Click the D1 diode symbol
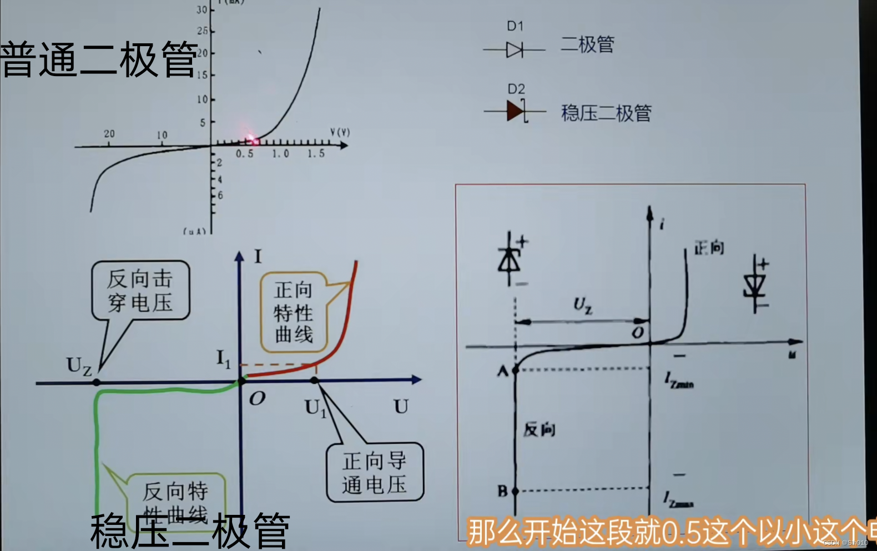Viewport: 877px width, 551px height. (515, 51)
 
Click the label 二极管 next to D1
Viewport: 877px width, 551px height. (587, 44)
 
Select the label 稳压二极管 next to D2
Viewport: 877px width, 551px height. (606, 113)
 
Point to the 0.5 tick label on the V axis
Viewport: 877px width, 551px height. (244, 154)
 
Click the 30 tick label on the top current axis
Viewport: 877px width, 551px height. (201, 9)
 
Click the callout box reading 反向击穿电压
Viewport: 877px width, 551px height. (140, 290)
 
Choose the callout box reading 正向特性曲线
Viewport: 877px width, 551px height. (293, 312)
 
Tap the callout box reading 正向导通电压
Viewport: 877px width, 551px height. (375, 473)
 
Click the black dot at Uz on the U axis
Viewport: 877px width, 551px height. (97, 383)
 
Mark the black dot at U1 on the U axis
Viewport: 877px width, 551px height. (314, 380)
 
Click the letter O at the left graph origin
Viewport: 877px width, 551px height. (257, 398)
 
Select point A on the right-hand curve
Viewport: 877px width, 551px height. (515, 369)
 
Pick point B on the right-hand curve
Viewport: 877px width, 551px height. (515, 491)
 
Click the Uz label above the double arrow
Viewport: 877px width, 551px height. (582, 305)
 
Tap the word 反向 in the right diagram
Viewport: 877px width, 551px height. (539, 429)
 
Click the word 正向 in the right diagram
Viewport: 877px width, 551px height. (709, 248)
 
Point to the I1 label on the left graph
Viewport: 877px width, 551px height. (223, 359)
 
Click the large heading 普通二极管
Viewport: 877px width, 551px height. (99, 59)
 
